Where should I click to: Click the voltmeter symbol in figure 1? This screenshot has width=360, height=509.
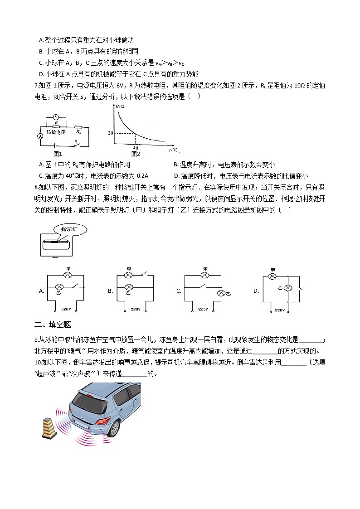55,116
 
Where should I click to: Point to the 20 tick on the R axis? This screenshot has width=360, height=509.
110,132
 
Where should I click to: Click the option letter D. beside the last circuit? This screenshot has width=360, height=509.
256,291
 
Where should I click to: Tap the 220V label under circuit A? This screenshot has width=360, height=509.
66,310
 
